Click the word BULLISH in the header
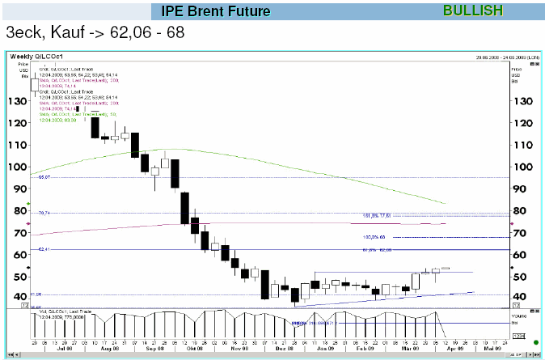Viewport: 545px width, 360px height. [x=473, y=11]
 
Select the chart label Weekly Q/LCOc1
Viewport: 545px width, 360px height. [x=36, y=56]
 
